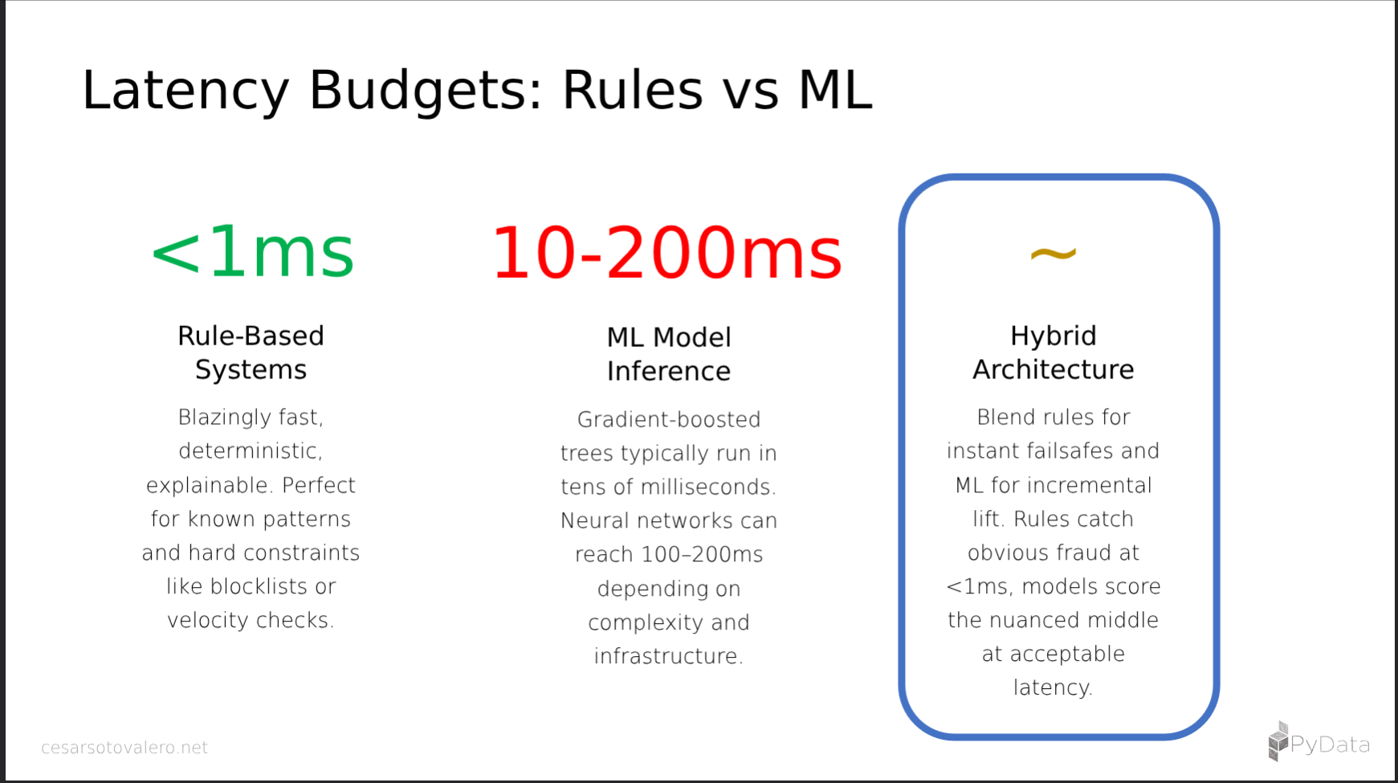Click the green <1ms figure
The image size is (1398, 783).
coord(252,252)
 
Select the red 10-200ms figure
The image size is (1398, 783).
coord(667,252)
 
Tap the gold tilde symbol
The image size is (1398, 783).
coord(1053,255)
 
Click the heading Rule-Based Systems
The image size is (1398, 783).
coord(251,352)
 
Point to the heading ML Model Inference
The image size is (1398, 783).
coord(669,353)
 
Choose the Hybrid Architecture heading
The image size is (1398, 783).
coord(1053,352)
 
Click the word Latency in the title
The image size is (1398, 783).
coord(185,90)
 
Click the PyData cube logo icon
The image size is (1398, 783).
coord(1278,740)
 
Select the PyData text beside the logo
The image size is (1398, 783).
coord(1330,744)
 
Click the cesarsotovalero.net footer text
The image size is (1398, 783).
coord(124,748)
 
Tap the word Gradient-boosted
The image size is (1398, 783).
coord(669,419)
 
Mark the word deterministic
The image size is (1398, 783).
coord(248,451)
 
